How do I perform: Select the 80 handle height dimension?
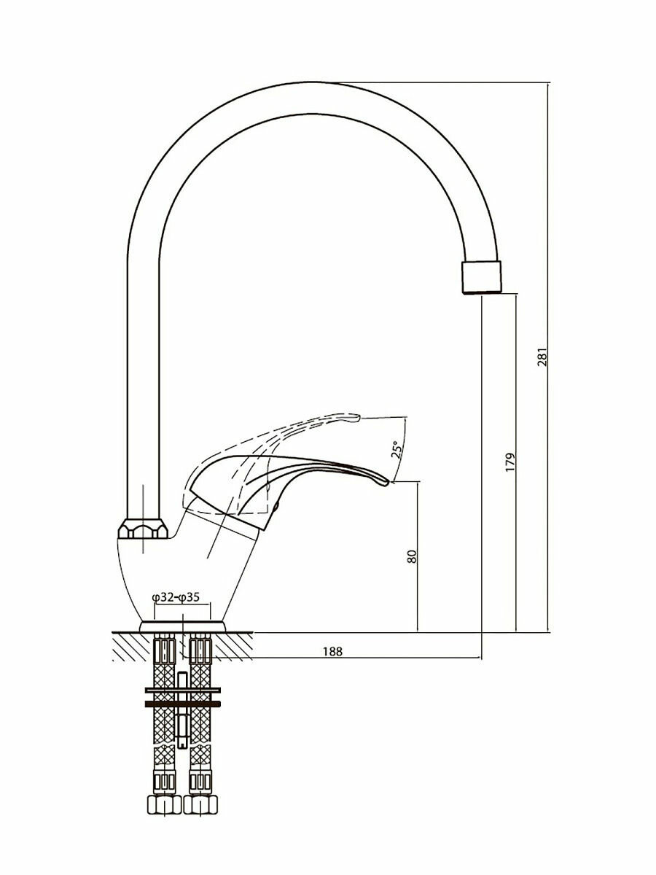[411, 556]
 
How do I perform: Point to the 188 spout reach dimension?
[332, 650]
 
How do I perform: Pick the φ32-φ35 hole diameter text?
[176, 597]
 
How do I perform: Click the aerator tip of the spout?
[483, 276]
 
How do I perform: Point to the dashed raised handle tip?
[353, 418]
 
